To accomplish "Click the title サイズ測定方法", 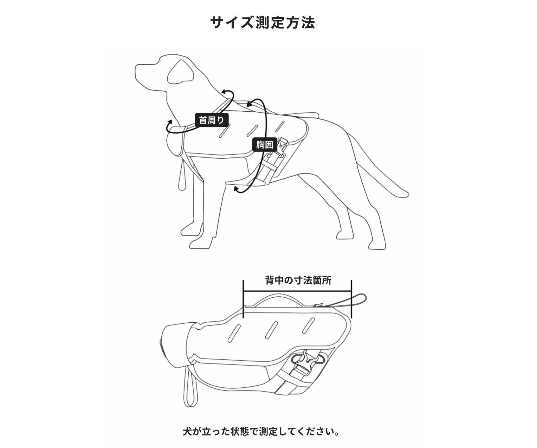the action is click(262, 23).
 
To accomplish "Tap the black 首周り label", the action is click(211, 120).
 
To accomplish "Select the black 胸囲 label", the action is click(265, 145).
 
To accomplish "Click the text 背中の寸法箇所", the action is click(298, 280).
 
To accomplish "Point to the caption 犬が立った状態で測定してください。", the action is click(261, 432).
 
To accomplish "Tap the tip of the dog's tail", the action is click(406, 194).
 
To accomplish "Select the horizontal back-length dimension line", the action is click(297, 292).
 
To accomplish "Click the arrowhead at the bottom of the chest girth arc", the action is click(236, 189).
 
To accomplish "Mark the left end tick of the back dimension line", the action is click(243, 299).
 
